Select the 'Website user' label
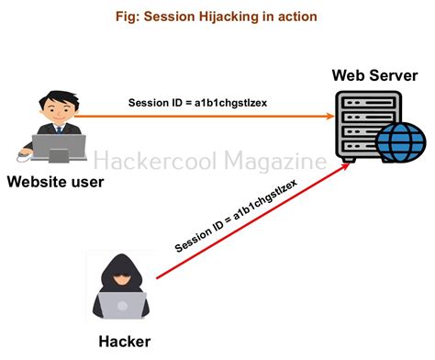pyautogui.click(x=55, y=181)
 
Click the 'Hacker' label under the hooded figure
pyautogui.click(x=124, y=343)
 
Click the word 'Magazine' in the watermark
pyautogui.click(x=274, y=163)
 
